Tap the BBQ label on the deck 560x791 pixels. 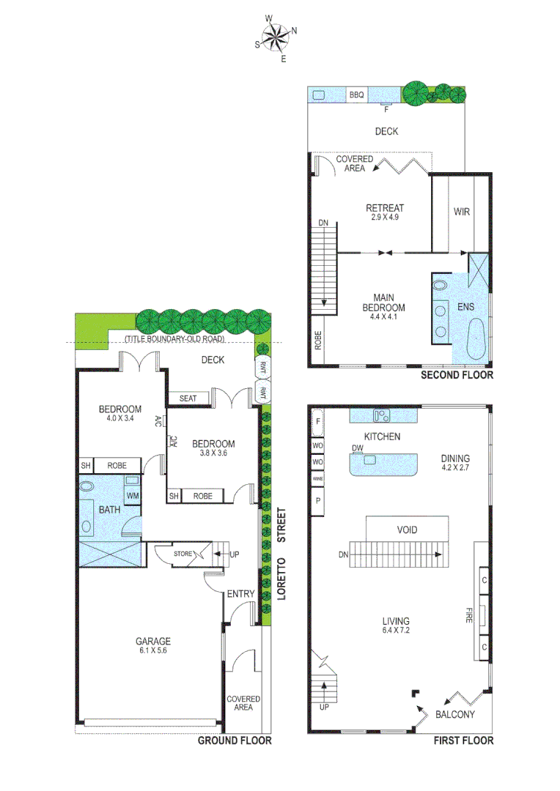click(x=356, y=95)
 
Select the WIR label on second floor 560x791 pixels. click(x=462, y=212)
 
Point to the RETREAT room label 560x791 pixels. click(x=385, y=208)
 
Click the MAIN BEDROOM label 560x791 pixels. click(x=385, y=302)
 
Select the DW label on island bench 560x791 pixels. click(x=358, y=449)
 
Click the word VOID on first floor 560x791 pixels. click(x=407, y=529)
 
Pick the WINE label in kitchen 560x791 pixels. click(x=317, y=479)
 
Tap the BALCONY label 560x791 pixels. click(x=455, y=715)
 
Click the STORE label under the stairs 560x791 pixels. click(x=183, y=554)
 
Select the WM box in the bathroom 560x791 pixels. click(x=133, y=496)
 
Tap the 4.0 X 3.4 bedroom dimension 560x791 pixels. click(x=120, y=419)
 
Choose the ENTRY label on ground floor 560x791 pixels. click(x=241, y=593)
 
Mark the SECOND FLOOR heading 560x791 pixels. click(x=456, y=375)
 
